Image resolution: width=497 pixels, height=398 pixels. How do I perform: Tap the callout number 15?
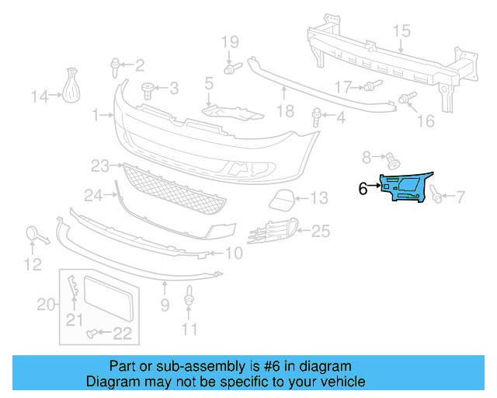tap(400, 31)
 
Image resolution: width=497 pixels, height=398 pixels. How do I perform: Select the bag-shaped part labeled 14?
tap(72, 86)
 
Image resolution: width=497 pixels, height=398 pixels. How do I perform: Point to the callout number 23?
tap(99, 166)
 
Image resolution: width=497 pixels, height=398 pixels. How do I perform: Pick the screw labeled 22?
tap(92, 333)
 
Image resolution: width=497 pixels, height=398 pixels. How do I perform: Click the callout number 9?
tap(165, 305)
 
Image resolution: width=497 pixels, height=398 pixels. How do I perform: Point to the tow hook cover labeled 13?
tap(281, 200)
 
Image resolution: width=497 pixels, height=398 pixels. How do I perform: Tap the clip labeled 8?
tap(391, 161)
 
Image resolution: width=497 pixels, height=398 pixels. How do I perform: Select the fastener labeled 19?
tap(231, 70)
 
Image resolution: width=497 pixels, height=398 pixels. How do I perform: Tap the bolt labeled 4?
tap(318, 118)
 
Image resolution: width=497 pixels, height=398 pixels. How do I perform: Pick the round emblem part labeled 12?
tap(35, 234)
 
